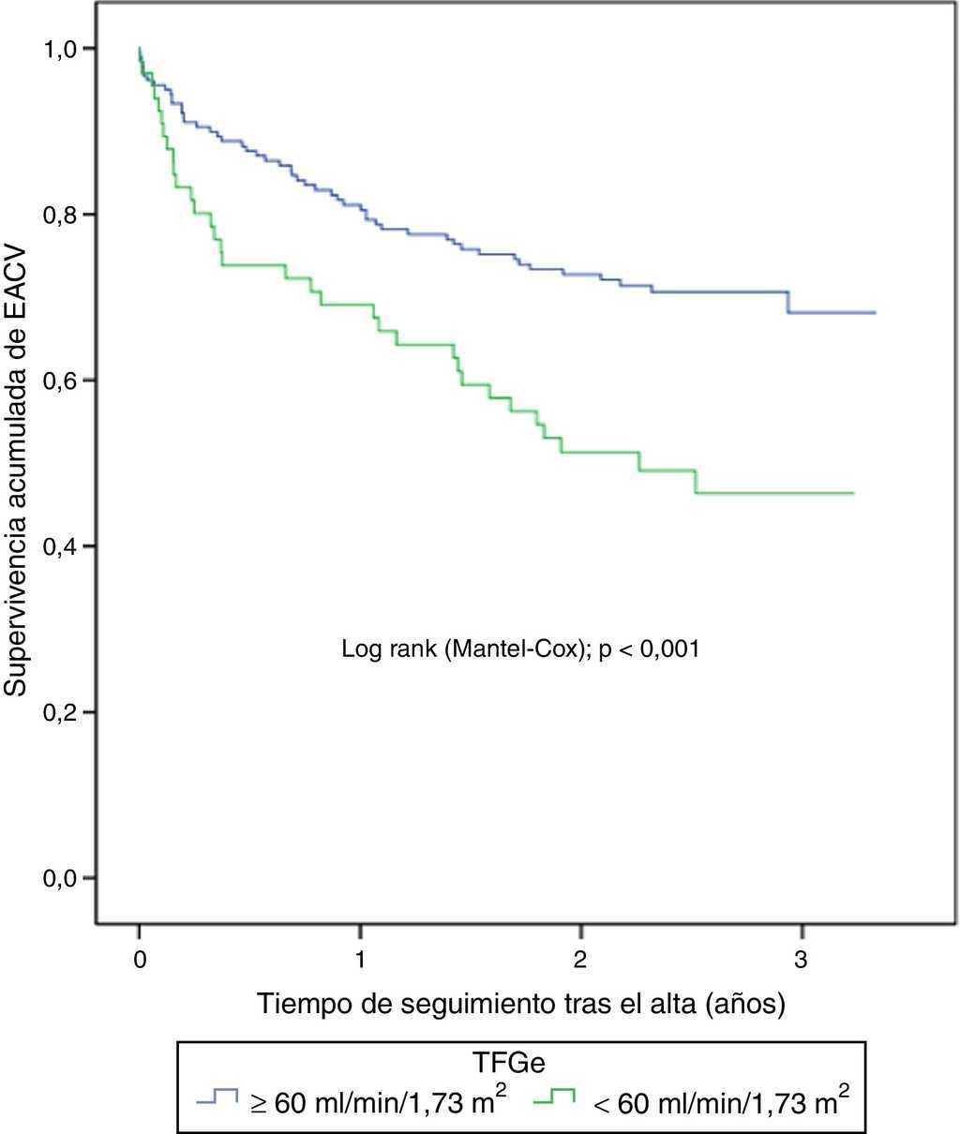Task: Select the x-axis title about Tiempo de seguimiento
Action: click(x=520, y=1005)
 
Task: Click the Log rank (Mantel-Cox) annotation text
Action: click(x=520, y=648)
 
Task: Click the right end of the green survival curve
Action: click(x=853, y=493)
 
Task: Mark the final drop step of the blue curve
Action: click(x=788, y=302)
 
